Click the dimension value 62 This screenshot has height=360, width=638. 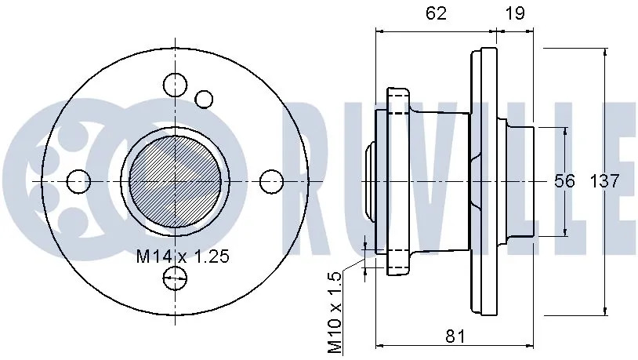pyautogui.click(x=436, y=13)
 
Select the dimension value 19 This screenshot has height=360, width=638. pyautogui.click(x=515, y=13)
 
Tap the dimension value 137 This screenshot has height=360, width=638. pyautogui.click(x=604, y=181)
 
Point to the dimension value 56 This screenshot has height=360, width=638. pyautogui.click(x=565, y=181)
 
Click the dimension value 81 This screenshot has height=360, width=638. pyautogui.click(x=455, y=336)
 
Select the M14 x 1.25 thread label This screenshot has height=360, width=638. pyautogui.click(x=183, y=256)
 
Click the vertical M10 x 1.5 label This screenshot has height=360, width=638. pyautogui.click(x=335, y=313)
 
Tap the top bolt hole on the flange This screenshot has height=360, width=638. pyautogui.click(x=176, y=85)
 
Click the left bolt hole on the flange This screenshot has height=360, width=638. pyautogui.click(x=78, y=181)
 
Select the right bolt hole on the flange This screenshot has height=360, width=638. pyautogui.click(x=271, y=181)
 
